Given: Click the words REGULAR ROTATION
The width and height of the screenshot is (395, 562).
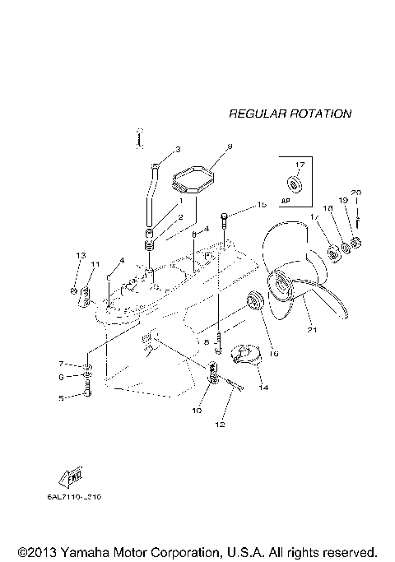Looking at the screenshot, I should point(290,114).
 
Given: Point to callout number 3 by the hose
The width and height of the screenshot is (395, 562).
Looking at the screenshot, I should point(177,150).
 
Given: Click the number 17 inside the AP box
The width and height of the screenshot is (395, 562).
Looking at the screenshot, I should point(300,165).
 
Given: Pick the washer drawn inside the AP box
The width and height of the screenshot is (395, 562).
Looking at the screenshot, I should point(293,182).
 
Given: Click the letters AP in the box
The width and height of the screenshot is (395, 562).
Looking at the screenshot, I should point(287,200).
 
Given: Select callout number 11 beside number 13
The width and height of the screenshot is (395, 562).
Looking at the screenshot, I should point(95,264).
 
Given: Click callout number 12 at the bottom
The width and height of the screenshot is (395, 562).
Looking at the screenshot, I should point(219,425).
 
